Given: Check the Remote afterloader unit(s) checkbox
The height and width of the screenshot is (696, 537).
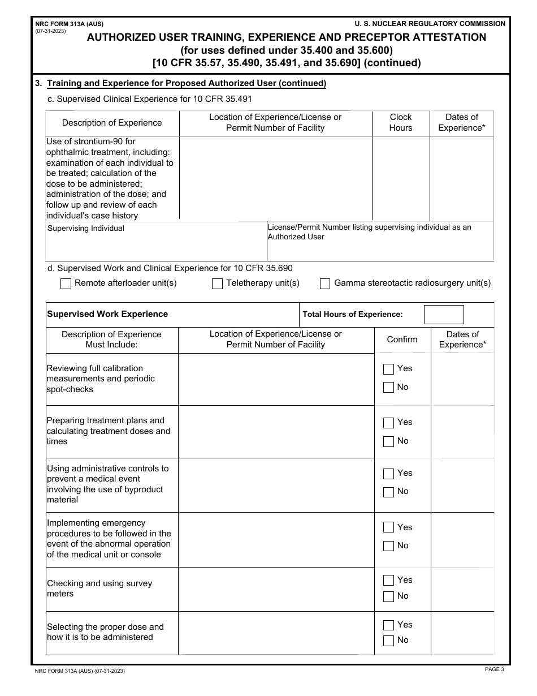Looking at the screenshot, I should pyautogui.click(x=66, y=284).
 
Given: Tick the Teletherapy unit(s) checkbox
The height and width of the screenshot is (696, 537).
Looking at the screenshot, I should pyautogui.click(x=217, y=284).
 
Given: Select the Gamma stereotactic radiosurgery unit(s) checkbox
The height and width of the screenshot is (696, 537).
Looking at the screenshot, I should pyautogui.click(x=325, y=284).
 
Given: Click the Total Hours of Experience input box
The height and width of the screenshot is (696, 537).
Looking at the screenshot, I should pyautogui.click(x=444, y=315).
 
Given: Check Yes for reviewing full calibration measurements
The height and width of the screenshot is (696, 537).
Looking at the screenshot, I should pyautogui.click(x=388, y=369).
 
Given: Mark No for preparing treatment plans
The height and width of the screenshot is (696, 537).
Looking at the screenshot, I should pyautogui.click(x=388, y=441).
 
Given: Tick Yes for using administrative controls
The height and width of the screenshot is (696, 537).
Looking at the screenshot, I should pyautogui.click(x=388, y=474).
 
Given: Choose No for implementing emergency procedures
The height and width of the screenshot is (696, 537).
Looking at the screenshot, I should pyautogui.click(x=388, y=546).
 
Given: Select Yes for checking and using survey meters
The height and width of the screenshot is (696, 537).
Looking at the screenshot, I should pyautogui.click(x=388, y=580).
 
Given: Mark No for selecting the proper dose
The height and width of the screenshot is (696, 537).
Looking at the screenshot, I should pyautogui.click(x=388, y=641).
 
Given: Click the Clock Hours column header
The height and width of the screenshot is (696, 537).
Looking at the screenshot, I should pyautogui.click(x=401, y=123).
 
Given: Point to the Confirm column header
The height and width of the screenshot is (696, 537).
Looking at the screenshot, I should pyautogui.click(x=402, y=340).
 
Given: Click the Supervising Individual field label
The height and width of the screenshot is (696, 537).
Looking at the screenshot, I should pyautogui.click(x=86, y=229).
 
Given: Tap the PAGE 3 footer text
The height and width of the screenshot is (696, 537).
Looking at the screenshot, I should pyautogui.click(x=494, y=669).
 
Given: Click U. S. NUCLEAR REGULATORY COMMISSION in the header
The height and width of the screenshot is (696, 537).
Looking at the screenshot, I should pyautogui.click(x=430, y=24).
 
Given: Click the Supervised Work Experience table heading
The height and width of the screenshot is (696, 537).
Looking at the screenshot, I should pyautogui.click(x=107, y=314).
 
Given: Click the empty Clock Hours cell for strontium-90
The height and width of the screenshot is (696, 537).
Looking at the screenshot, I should pyautogui.click(x=401, y=178).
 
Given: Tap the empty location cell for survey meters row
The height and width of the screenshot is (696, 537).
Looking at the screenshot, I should pyautogui.click(x=276, y=589).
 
